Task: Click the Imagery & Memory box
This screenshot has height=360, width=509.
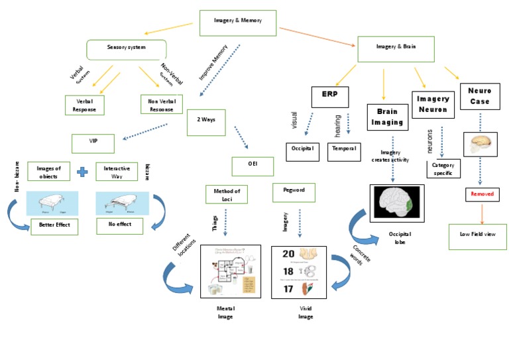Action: point(237,21)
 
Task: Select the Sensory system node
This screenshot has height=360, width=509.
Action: point(126,48)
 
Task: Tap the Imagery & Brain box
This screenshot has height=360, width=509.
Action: point(395,48)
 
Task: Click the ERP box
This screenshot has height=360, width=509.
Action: point(329,97)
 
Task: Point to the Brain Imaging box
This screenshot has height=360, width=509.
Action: point(391,117)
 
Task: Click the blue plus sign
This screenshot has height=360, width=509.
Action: point(82,172)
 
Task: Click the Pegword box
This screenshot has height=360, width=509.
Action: point(293,192)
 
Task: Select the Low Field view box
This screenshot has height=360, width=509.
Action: point(477,235)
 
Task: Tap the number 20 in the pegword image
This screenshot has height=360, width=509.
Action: point(288,254)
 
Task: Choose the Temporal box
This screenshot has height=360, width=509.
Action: point(345,149)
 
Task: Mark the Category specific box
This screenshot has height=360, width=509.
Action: point(444,168)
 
